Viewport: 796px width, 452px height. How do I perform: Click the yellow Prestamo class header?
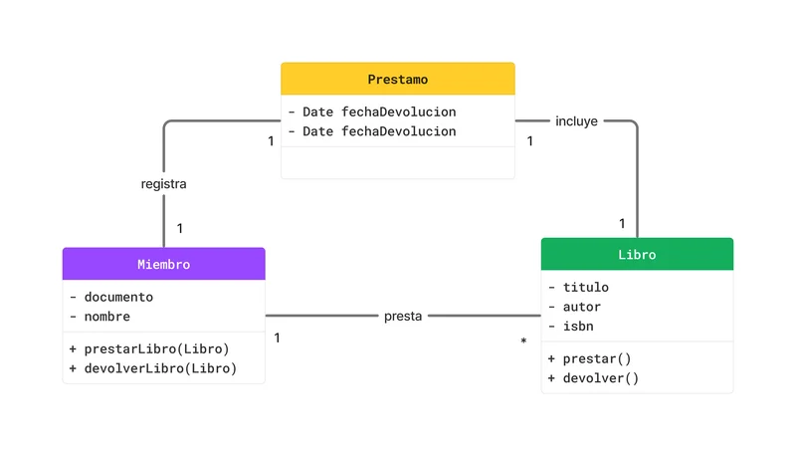397,79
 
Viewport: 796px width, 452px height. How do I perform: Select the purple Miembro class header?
163,264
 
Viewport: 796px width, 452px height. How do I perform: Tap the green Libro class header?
637,254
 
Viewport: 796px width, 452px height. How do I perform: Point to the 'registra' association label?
163,184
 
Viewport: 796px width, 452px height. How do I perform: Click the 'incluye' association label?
576,121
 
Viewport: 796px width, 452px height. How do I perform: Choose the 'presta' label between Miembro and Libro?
403,317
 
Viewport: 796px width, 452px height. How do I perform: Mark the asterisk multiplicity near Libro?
523,342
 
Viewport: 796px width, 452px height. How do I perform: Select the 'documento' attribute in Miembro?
118,297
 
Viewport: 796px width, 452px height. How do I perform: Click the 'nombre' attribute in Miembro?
107,317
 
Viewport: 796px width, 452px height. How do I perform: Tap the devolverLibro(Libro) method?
160,368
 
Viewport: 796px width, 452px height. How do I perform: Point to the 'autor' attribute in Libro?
581,307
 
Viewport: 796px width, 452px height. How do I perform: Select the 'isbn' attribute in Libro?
578,327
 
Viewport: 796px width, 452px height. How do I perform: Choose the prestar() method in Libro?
598,358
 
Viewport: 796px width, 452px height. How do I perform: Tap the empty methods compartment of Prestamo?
397,162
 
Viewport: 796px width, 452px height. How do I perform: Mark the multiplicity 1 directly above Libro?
622,223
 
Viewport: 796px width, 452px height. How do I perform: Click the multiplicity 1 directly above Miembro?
180,228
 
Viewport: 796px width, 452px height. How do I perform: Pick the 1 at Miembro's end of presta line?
277,338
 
